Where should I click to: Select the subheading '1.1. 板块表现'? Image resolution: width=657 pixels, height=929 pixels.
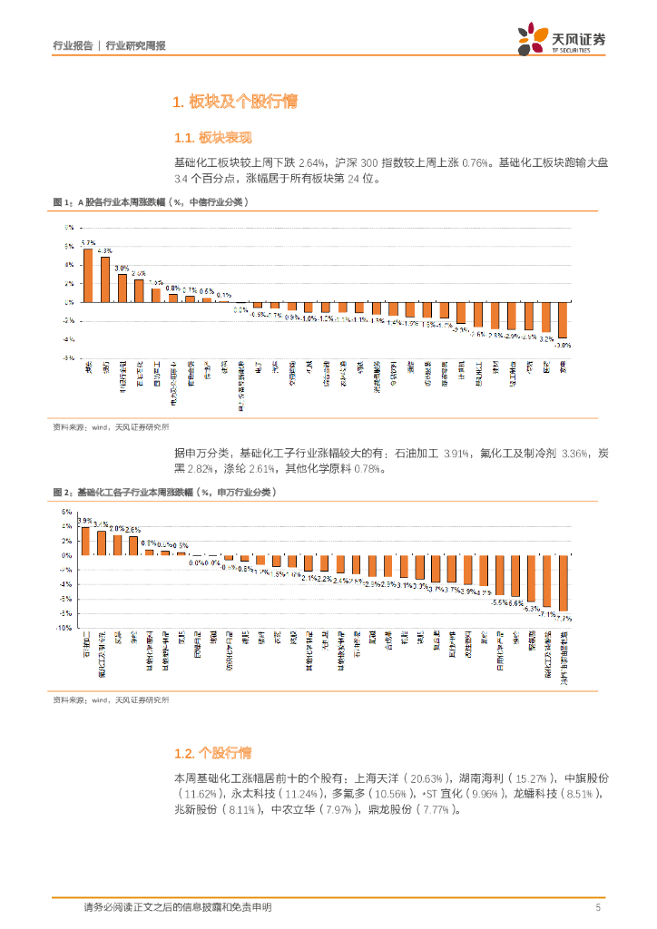pos(212,138)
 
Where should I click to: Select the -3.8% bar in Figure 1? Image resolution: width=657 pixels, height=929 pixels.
pos(563,320)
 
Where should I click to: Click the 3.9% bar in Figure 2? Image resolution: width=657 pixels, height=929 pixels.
pos(85,541)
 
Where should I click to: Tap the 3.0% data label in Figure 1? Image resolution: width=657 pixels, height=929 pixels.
pos(122,269)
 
